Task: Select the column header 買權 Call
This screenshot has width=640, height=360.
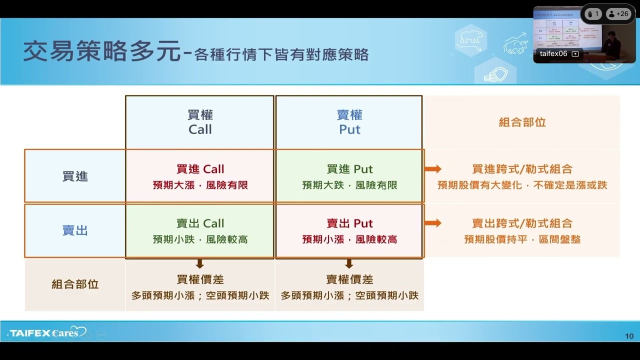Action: [200, 122]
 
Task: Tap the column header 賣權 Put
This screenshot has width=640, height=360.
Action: [349, 122]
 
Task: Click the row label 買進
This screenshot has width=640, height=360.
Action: [75, 176]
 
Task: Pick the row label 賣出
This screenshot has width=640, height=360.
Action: [75, 230]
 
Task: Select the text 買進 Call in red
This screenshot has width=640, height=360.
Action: [200, 169]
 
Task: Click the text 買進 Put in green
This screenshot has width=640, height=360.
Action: [349, 169]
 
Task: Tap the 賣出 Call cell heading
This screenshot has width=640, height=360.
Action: [200, 223]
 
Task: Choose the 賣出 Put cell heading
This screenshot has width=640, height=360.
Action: [349, 223]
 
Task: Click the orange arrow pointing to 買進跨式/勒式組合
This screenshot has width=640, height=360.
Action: [433, 169]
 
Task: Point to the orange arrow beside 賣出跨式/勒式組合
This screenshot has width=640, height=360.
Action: [433, 223]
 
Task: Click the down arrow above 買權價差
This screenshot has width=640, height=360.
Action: [200, 263]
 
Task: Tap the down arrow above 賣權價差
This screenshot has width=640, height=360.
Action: [349, 263]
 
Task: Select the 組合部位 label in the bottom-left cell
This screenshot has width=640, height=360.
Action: [75, 284]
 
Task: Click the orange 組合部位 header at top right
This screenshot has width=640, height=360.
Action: [522, 122]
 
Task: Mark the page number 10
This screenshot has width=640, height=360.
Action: [629, 336]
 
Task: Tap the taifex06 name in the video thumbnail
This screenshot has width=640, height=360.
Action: [553, 53]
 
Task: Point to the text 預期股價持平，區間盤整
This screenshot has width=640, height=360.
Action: [522, 239]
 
